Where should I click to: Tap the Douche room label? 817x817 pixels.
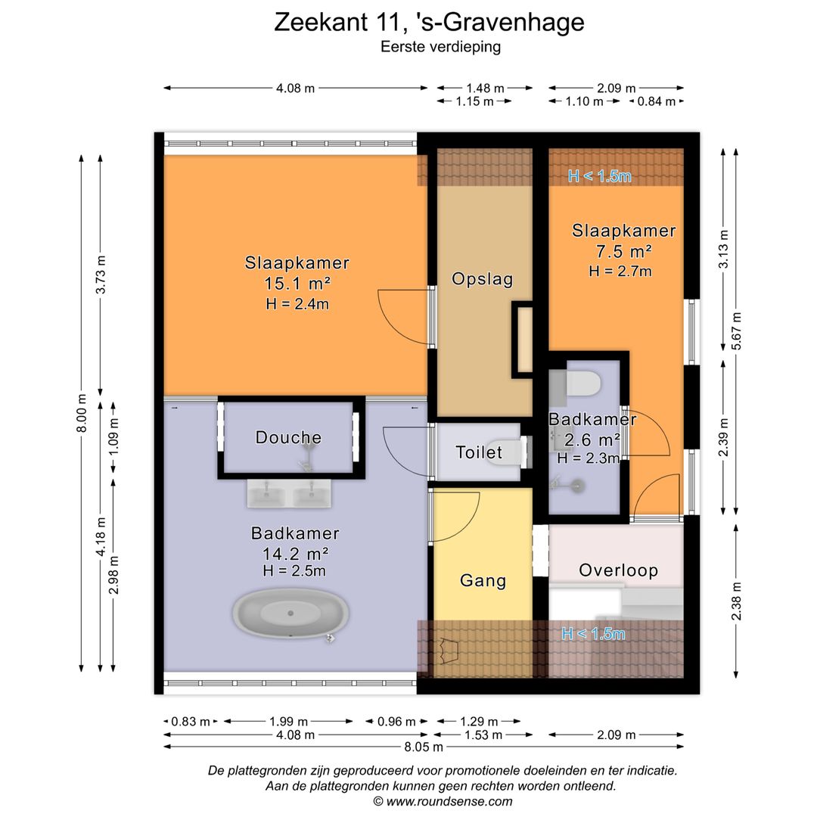click(288, 437)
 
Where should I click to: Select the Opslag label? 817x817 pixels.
click(482, 279)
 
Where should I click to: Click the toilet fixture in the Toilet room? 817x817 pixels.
click(508, 452)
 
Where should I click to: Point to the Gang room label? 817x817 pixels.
click(483, 581)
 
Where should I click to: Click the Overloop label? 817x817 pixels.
click(618, 570)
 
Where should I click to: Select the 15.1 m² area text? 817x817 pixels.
click(297, 284)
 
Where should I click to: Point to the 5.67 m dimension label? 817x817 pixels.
click(736, 331)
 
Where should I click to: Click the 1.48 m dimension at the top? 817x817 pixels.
click(485, 89)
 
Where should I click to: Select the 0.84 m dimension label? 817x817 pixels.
click(657, 101)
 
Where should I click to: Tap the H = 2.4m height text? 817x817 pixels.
click(297, 304)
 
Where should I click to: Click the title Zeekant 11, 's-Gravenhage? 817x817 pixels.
click(429, 22)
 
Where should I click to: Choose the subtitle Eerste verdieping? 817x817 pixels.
click(430, 47)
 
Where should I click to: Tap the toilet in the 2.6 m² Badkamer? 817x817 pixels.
click(583, 384)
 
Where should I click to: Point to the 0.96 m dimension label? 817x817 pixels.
click(396, 722)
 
